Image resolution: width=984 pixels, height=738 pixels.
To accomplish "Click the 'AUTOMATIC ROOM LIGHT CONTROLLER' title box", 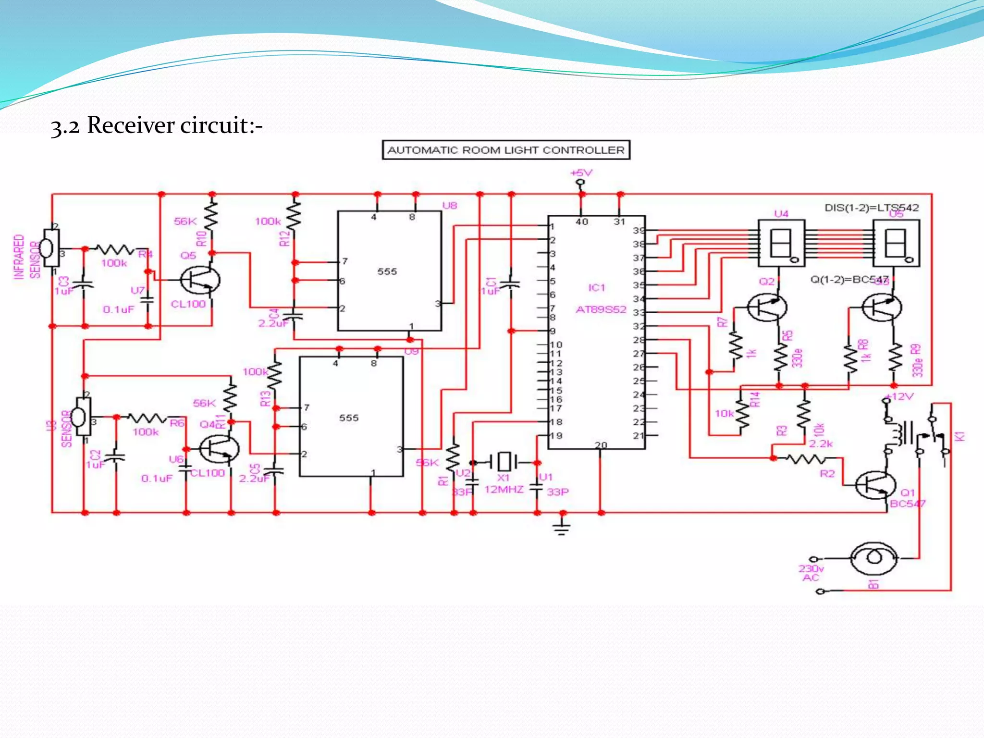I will [x=506, y=150].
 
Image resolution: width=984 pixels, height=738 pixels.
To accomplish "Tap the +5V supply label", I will [x=581, y=173].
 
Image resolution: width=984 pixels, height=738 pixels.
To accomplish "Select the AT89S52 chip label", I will [x=601, y=309].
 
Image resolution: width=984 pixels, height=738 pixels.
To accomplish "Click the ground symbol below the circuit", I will [x=562, y=527].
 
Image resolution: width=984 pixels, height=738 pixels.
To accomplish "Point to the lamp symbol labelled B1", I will [x=873, y=558].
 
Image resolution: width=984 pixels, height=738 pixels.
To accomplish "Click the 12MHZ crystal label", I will [x=504, y=490].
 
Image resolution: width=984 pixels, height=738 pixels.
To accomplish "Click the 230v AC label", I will [x=811, y=573].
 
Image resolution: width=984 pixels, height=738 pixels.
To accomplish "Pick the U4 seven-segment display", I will [x=781, y=244].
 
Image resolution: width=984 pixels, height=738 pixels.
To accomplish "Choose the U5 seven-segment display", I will [x=896, y=244].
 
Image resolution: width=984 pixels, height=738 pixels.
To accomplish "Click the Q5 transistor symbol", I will [x=200, y=281].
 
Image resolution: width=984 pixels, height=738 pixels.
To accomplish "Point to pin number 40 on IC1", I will [x=582, y=221].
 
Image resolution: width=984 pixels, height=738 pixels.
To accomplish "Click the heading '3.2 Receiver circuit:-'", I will [x=157, y=126].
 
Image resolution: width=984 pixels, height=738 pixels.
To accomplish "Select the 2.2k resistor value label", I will [x=821, y=443].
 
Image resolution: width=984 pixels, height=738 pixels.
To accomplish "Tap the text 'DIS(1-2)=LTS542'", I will [x=872, y=208].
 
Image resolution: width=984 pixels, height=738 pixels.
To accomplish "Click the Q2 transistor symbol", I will [x=767, y=307].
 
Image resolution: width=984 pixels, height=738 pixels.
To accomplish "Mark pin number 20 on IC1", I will [x=601, y=445].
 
